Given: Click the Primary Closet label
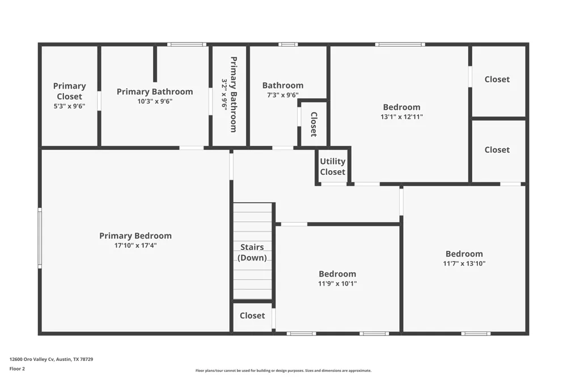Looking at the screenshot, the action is pyautogui.click(x=69, y=91).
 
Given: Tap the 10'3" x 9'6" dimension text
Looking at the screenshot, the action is pyautogui.click(x=155, y=102).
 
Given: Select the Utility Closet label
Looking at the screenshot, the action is pyautogui.click(x=333, y=166).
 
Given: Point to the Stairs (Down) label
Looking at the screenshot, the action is pyautogui.click(x=252, y=253).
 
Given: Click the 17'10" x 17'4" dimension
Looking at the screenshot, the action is pyautogui.click(x=136, y=246).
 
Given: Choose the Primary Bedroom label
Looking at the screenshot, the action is pyautogui.click(x=136, y=236).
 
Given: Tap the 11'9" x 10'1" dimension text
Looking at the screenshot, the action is pyautogui.click(x=337, y=284).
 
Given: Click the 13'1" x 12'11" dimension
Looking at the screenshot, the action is pyautogui.click(x=402, y=116).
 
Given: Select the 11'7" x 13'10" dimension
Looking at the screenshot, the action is pyautogui.click(x=464, y=263).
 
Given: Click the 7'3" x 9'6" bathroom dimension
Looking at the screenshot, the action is pyautogui.click(x=283, y=95).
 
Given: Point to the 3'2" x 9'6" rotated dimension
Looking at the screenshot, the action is pyautogui.click(x=225, y=95).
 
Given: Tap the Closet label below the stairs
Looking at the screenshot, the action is pyautogui.click(x=252, y=316).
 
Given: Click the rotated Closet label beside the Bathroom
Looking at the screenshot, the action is pyautogui.click(x=314, y=124).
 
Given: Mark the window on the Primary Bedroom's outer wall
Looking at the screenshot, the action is pyautogui.click(x=40, y=238).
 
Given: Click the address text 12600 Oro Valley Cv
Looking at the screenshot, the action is pyautogui.click(x=32, y=359).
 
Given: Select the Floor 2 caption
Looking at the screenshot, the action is pyautogui.click(x=17, y=369).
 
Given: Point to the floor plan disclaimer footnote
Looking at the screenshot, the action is pyautogui.click(x=283, y=371).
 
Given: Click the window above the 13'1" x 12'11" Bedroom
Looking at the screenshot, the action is pyautogui.click(x=400, y=44).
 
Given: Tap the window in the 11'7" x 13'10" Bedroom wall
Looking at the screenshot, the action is pyautogui.click(x=476, y=334).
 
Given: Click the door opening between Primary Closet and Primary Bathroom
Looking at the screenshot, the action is pyautogui.click(x=99, y=101).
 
